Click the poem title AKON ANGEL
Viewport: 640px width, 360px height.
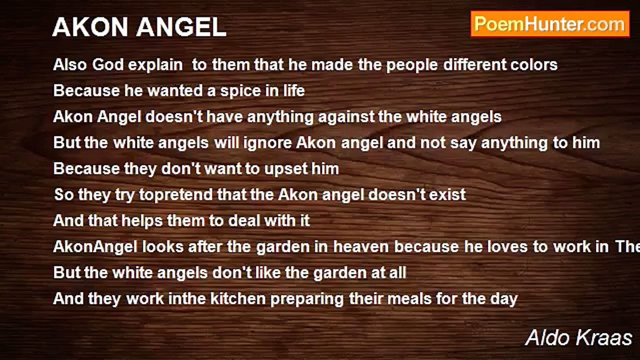point(139,27)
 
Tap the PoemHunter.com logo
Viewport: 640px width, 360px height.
point(550,24)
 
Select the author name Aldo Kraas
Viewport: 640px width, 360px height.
point(578,337)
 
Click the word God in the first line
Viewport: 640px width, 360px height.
point(108,65)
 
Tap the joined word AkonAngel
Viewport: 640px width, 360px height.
point(95,247)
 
